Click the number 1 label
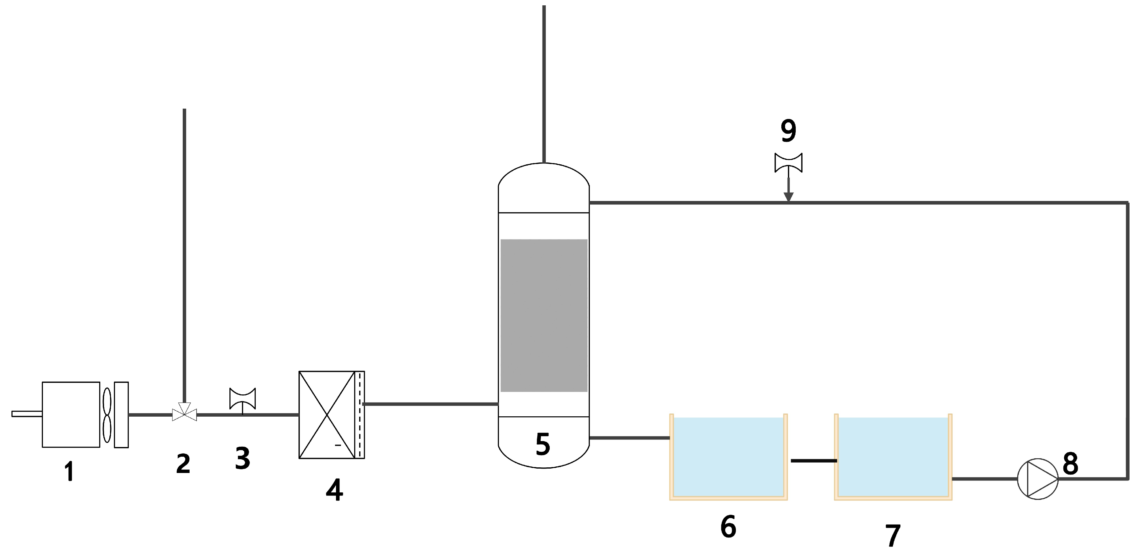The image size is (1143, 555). point(69,471)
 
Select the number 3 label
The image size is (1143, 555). point(242,458)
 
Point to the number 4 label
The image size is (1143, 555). point(334,490)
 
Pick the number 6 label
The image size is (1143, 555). point(728,527)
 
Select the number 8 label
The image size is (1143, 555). point(1070,464)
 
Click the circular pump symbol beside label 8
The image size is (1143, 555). point(1037,479)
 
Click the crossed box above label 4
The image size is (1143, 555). point(327,414)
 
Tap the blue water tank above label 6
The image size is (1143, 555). point(728,457)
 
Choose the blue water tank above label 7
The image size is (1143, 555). point(893,457)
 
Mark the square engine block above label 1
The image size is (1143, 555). point(71,414)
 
